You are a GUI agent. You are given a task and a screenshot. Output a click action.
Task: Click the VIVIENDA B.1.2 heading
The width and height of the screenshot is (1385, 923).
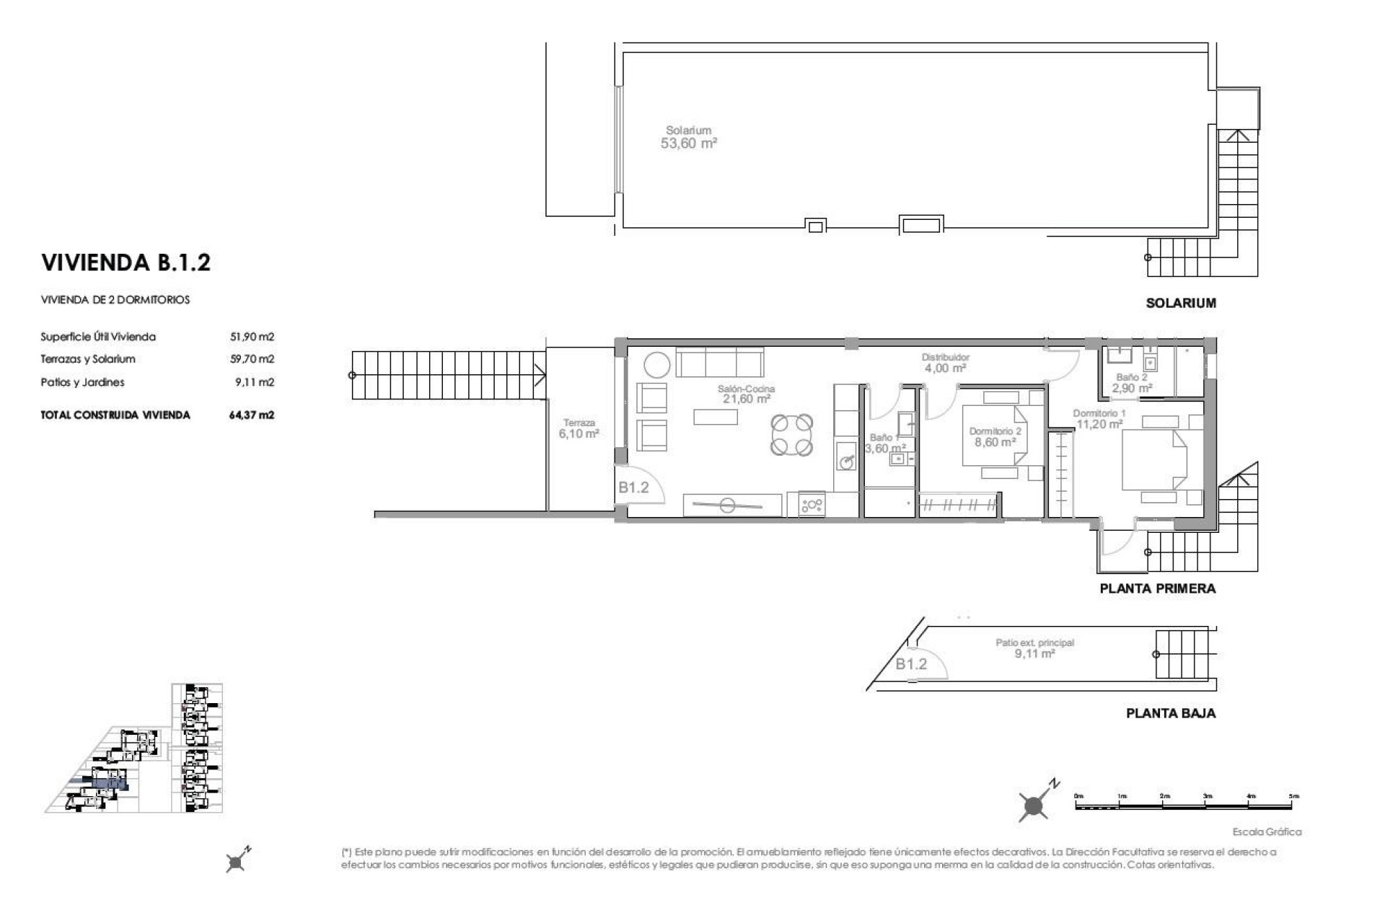pos(126,262)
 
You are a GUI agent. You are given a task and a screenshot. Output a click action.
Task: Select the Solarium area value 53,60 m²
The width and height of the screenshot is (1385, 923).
pos(688,143)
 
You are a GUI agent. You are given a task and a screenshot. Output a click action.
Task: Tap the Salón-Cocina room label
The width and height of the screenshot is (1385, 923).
pos(746,389)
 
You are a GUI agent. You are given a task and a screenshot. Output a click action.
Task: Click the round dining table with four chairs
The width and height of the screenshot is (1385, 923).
pos(791,434)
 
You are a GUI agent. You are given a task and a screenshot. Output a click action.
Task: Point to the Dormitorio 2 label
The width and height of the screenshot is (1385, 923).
pos(995,431)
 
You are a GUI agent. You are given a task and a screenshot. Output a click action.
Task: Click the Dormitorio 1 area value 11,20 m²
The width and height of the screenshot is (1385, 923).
pos(1099,424)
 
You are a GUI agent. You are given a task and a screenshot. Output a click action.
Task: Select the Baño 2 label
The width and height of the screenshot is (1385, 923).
pos(1131,377)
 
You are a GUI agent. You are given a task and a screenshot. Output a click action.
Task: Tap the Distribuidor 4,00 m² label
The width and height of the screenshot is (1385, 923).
pos(945,363)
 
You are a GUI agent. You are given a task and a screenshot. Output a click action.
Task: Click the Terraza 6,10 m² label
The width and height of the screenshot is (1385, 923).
pos(579,429)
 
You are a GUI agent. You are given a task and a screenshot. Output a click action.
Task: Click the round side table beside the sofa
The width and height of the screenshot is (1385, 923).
pos(656,364)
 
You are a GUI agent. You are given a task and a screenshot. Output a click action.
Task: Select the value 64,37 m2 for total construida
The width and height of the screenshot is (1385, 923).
pos(251,415)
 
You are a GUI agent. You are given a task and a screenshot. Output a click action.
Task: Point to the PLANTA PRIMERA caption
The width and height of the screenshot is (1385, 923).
pos(1157,588)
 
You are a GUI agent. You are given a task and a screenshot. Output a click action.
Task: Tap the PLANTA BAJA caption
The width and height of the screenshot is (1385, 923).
pos(1170,713)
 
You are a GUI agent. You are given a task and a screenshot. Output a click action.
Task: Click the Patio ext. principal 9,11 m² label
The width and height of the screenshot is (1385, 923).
pos(1034,648)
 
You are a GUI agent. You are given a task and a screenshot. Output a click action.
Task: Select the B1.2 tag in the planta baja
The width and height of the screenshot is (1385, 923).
pos(910,664)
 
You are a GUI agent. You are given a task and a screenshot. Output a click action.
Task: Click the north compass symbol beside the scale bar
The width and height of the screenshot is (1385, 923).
pos(1035,804)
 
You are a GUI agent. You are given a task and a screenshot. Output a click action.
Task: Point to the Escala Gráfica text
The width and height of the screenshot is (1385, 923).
pos(1266,832)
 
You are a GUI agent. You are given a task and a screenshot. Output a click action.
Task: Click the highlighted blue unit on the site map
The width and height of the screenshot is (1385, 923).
pos(109,783)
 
